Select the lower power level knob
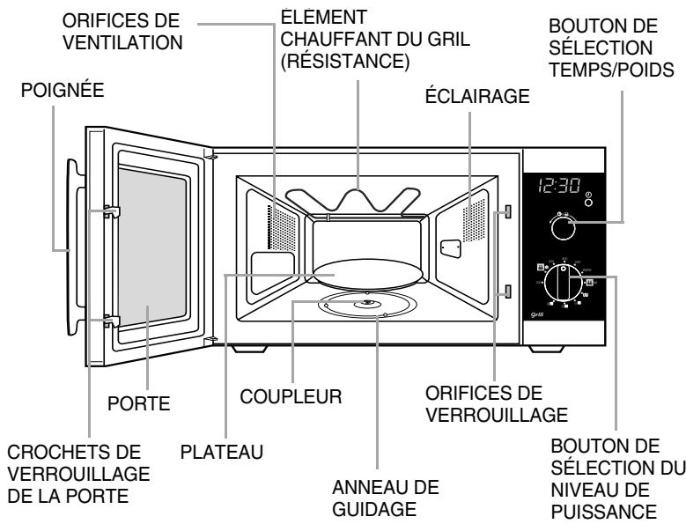562,283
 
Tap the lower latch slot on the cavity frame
510,292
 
